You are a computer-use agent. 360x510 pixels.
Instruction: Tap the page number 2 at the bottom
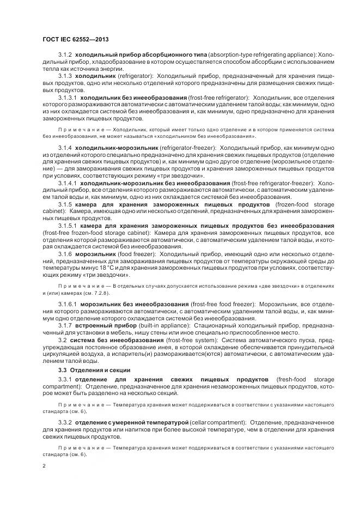click(44, 466)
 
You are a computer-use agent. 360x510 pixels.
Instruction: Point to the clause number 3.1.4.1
click(68, 183)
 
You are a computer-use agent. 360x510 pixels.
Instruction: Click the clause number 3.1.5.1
click(68, 226)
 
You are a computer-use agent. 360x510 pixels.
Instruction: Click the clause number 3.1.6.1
click(68, 303)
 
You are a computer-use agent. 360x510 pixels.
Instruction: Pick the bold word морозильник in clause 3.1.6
click(96, 254)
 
